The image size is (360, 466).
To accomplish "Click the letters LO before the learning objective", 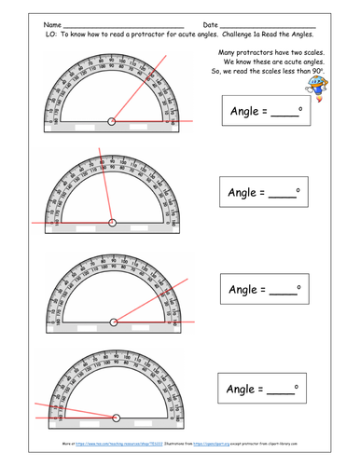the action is [x=48, y=34].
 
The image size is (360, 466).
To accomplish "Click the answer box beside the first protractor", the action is [x=265, y=114].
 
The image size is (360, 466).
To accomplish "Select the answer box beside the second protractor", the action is [x=265, y=196].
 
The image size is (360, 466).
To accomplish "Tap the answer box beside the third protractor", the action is [x=265, y=288].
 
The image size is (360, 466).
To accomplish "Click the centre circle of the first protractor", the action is [x=113, y=119].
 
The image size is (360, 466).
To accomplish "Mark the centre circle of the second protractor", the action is [x=113, y=222].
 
